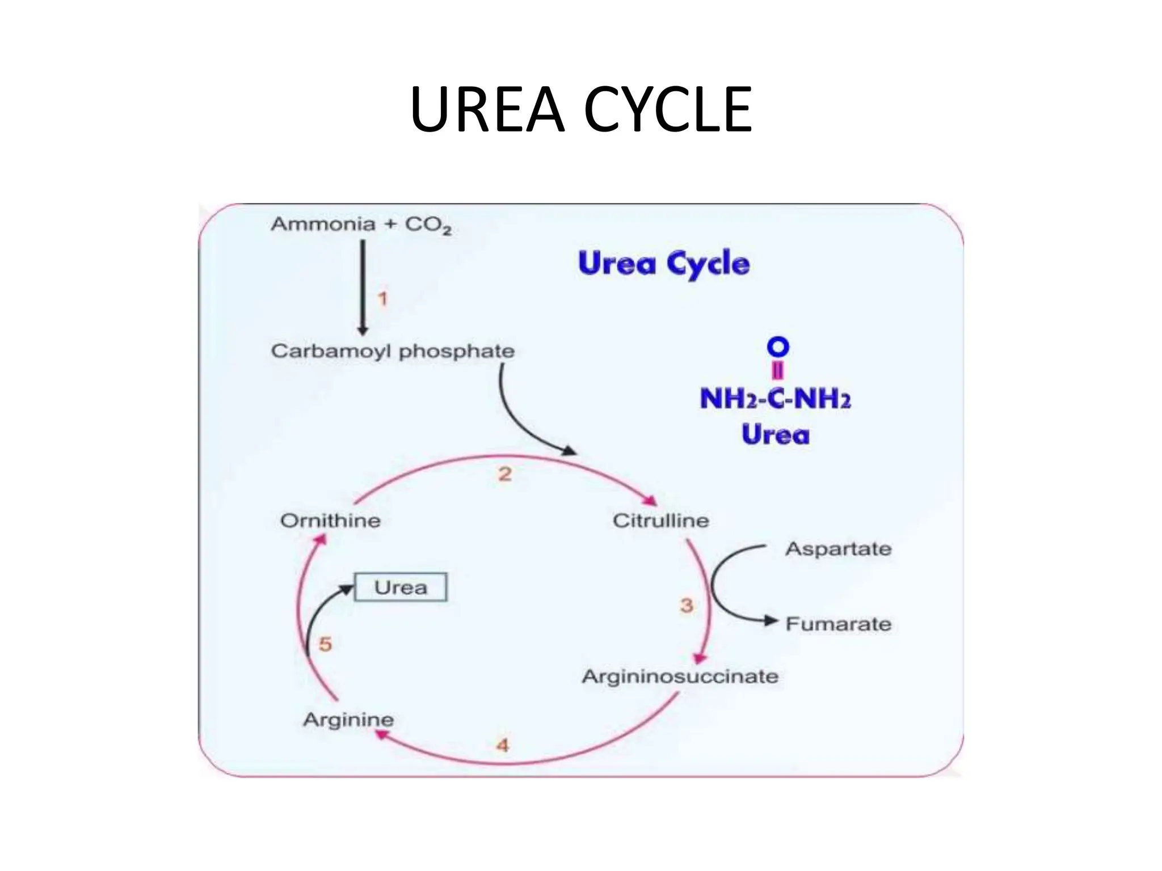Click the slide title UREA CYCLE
580,109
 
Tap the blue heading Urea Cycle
663,264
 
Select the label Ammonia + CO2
361,225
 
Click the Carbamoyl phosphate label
393,351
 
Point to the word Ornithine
330,521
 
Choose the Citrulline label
660,521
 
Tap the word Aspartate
838,549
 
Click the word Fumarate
838,624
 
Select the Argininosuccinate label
680,676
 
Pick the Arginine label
348,720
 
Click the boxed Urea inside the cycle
401,587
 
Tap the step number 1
383,299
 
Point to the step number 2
505,474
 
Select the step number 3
687,606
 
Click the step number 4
503,745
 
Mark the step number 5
325,644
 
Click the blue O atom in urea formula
778,346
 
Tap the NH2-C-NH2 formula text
775,399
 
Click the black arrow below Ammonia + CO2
363,287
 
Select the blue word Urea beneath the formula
775,435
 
